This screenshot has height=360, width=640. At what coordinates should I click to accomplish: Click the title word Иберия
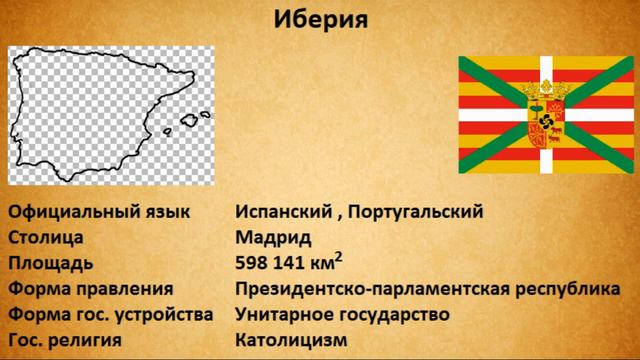[320, 20]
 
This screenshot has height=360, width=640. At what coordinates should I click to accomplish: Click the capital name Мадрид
[273, 238]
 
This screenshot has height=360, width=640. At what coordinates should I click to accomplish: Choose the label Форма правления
[90, 290]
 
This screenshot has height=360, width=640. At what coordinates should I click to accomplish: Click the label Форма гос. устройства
[110, 315]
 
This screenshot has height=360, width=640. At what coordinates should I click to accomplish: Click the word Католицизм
[291, 341]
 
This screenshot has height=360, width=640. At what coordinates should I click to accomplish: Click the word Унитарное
[284, 315]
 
